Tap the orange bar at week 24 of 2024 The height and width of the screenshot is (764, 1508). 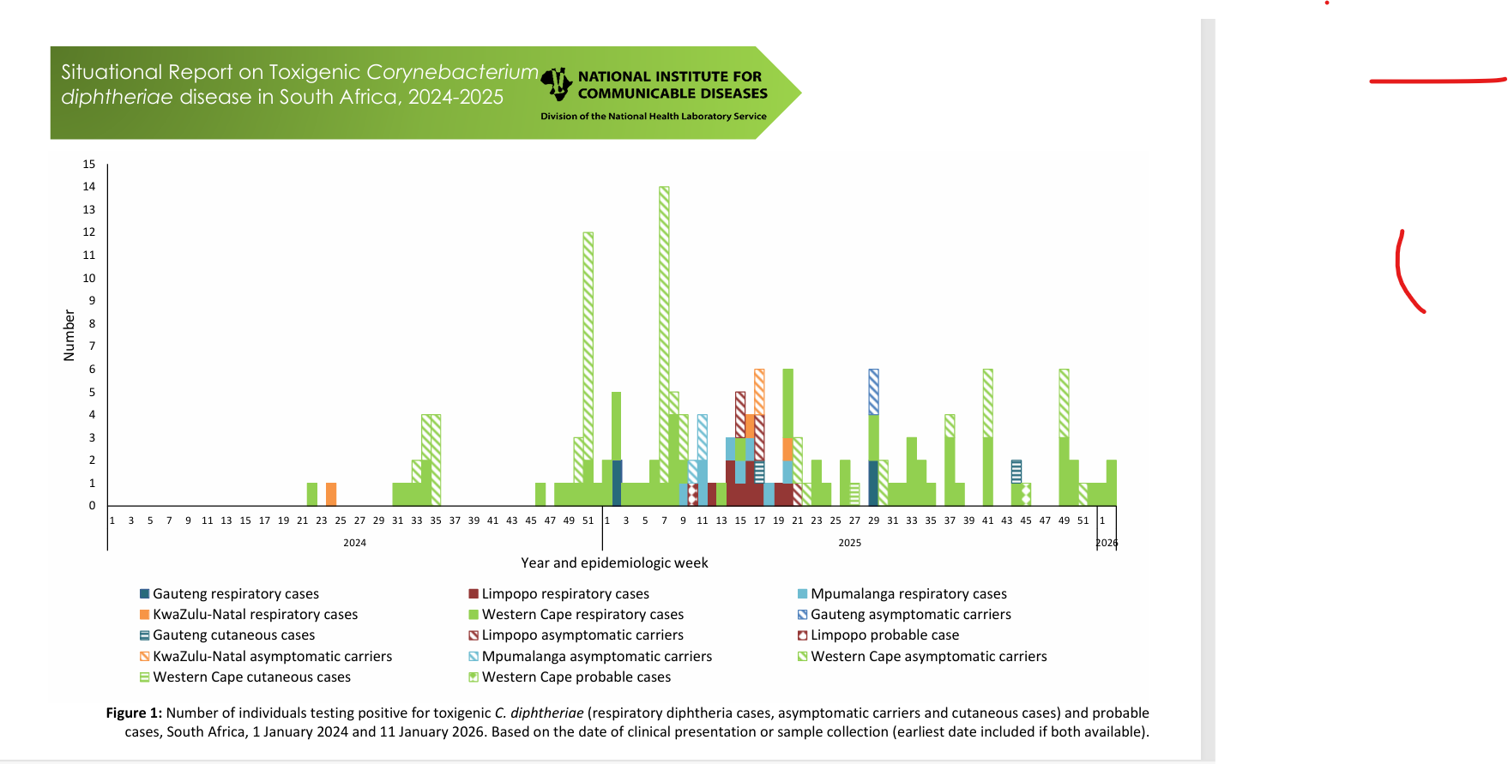pos(331,494)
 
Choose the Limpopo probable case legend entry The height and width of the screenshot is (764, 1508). pos(884,635)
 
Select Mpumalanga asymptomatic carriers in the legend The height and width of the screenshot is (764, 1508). pos(596,656)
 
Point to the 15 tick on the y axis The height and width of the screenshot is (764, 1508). pos(89,164)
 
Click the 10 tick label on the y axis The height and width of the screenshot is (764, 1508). pos(89,278)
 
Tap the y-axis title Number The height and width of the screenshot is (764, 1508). pos(69,335)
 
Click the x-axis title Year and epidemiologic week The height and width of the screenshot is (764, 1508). pos(614,562)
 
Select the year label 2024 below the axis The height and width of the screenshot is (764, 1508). pos(354,543)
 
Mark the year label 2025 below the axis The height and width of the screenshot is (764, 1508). pos(849,543)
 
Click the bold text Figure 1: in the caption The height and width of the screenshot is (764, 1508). pos(134,713)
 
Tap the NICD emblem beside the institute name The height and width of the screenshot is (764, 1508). pos(558,84)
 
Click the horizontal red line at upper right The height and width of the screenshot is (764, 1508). pos(1437,81)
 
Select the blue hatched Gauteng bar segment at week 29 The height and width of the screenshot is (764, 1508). pos(873,392)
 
